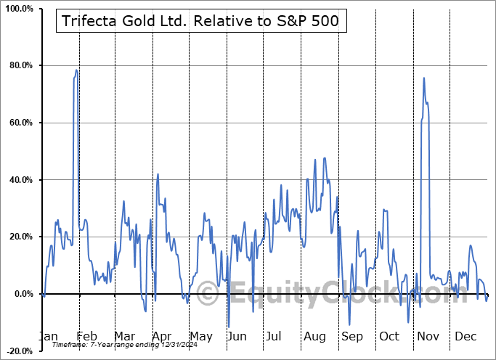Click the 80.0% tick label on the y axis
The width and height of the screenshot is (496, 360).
20,66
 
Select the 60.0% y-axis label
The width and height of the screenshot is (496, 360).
20,123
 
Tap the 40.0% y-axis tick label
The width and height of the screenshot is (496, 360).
20,180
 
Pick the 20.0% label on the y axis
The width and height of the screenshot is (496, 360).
20,237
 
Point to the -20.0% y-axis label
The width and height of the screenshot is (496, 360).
18,351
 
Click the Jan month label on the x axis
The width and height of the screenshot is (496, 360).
47,336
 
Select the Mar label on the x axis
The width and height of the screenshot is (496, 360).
124,336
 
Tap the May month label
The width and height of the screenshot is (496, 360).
201,336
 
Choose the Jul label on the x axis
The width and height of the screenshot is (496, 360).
274,336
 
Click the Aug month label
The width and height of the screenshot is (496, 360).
314,336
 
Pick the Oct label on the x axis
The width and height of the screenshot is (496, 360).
389,336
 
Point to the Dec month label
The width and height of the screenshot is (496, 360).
465,336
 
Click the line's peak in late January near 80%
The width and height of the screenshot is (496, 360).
76,70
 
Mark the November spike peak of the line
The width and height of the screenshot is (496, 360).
423,78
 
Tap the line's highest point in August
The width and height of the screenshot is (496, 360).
324,157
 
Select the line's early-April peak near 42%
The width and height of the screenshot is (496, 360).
158,174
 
